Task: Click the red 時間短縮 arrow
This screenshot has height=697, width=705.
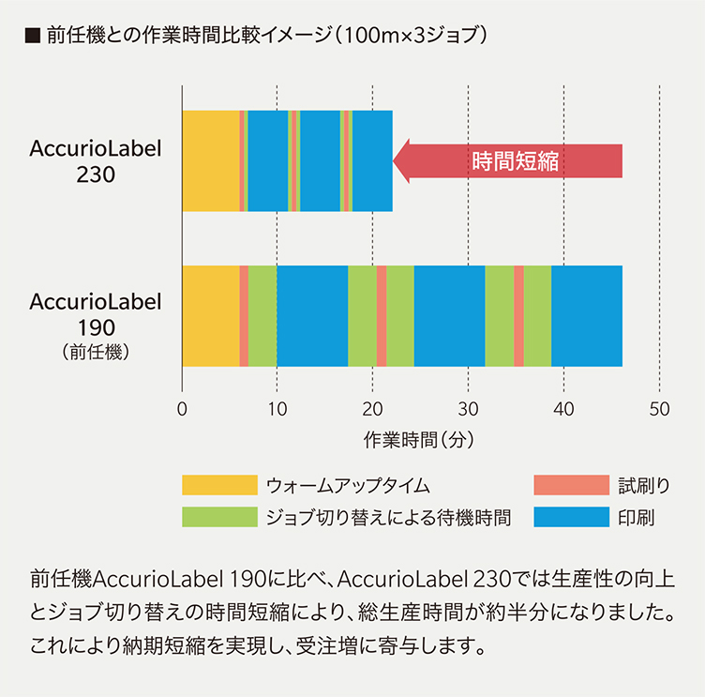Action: click(x=511, y=160)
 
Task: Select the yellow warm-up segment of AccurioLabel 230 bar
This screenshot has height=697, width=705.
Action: click(x=210, y=160)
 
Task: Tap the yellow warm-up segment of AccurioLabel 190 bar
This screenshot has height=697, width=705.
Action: click(x=210, y=316)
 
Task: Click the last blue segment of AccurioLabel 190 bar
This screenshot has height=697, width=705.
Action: click(x=587, y=316)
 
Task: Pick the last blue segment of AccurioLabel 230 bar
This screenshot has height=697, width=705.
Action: click(x=372, y=160)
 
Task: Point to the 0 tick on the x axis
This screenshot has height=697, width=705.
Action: click(x=182, y=409)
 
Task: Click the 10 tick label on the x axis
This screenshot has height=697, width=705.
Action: click(x=277, y=409)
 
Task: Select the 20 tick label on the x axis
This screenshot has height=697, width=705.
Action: click(x=372, y=409)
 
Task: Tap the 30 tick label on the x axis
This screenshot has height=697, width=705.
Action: click(x=468, y=409)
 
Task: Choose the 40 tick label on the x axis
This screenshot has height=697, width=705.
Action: click(x=563, y=409)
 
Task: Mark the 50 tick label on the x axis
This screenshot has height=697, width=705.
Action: click(x=660, y=409)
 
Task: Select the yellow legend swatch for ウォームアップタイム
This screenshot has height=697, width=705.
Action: click(x=218, y=485)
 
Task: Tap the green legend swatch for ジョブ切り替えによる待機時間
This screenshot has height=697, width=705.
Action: click(x=218, y=517)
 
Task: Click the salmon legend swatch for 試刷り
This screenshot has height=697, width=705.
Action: click(x=571, y=485)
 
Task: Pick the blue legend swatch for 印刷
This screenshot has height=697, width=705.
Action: click(x=571, y=517)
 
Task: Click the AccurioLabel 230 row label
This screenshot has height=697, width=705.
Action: click(x=96, y=160)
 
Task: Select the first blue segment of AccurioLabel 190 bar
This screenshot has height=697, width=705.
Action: click(x=312, y=316)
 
